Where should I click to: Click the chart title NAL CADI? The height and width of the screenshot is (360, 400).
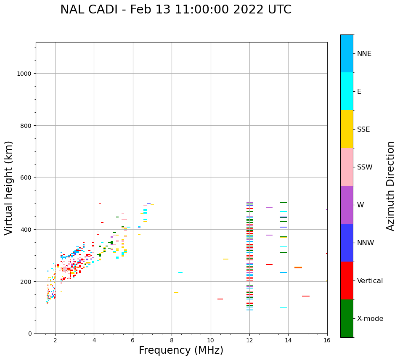tap(175, 10)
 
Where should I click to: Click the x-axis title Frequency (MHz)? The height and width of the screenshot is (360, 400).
tap(181, 350)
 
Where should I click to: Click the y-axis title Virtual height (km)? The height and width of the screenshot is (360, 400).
tap(9, 188)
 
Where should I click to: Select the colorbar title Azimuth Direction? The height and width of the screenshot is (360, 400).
tap(391, 186)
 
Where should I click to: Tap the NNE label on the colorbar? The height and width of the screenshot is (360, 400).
tap(364, 53)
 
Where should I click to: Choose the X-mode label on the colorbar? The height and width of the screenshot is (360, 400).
tap(370, 318)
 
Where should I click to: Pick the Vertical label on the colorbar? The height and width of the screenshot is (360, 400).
tap(370, 281)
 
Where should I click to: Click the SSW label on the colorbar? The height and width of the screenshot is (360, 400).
tap(365, 167)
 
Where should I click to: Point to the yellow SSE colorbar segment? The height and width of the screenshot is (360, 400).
tap(347, 129)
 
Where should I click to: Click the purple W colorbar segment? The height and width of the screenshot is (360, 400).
tap(347, 205)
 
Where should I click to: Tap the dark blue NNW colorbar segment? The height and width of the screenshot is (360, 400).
tap(347, 243)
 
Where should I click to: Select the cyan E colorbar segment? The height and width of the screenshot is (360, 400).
tap(347, 91)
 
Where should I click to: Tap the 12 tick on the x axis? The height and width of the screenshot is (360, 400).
tap(249, 340)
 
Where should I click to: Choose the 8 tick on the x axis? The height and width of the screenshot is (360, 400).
tap(172, 340)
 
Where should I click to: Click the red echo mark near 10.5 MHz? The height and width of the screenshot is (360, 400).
tap(220, 299)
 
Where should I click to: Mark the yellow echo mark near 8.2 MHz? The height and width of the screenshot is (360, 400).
tap(176, 293)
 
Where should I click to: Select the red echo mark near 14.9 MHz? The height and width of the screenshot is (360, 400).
tap(305, 296)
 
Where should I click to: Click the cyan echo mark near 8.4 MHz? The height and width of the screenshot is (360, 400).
tap(180, 273)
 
